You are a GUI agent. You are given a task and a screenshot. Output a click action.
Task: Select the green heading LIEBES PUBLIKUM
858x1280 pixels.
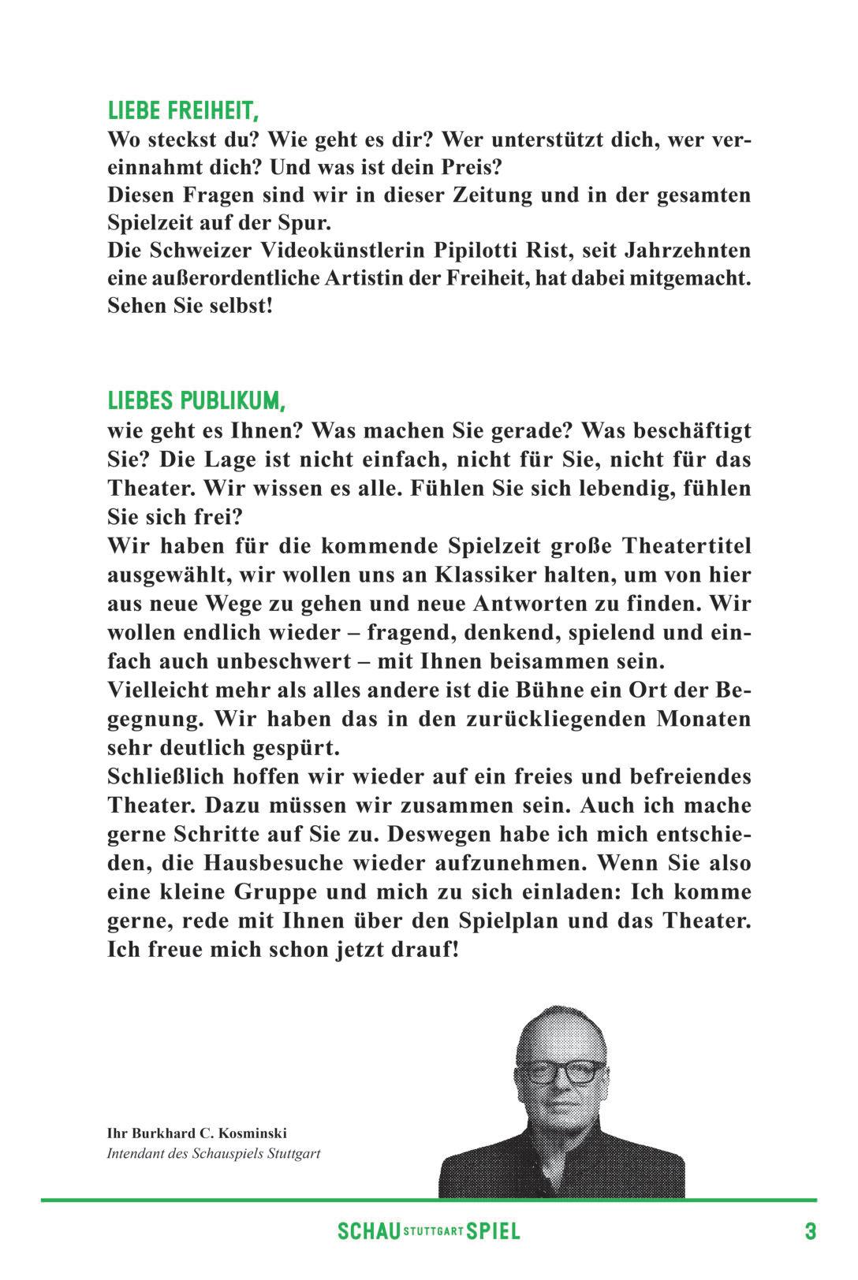click(196, 400)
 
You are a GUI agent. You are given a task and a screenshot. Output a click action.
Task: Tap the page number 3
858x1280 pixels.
click(810, 1231)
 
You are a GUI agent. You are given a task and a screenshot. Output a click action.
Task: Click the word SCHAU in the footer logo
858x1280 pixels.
click(368, 1231)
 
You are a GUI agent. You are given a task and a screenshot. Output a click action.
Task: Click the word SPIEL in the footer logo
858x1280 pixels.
click(494, 1231)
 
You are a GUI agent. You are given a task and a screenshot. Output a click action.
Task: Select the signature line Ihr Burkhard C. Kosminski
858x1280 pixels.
click(196, 1133)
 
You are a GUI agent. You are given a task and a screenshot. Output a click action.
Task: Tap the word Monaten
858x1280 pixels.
click(703, 719)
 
